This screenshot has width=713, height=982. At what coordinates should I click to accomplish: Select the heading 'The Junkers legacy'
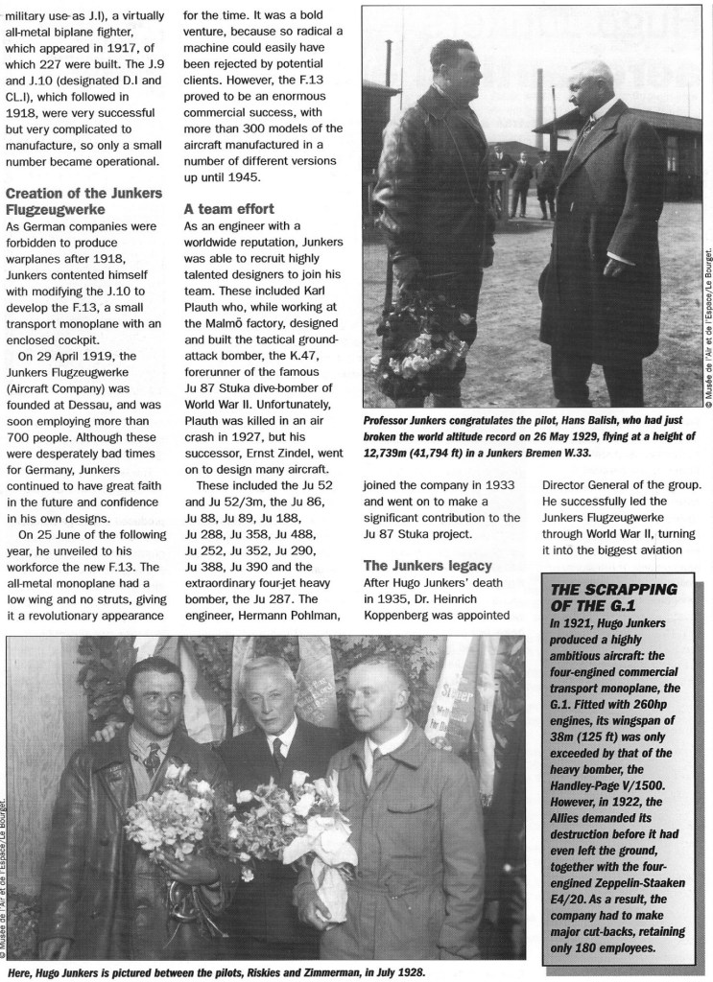pyautogui.click(x=426, y=565)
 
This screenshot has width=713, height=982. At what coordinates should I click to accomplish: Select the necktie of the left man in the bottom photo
pyautogui.click(x=151, y=760)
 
